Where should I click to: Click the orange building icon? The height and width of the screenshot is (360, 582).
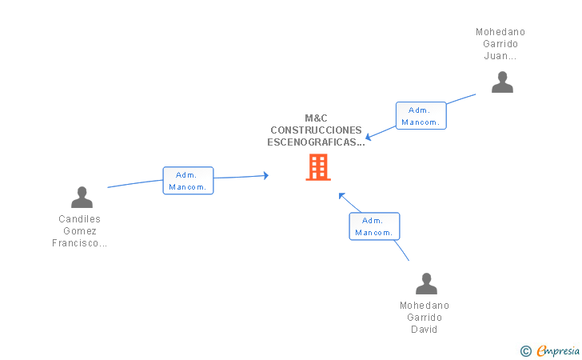tap(318, 167)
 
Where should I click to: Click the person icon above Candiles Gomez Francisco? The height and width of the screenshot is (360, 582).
tap(82, 197)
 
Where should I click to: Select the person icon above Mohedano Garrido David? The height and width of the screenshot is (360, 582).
tap(426, 283)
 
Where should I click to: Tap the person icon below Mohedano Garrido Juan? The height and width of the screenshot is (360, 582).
tap(502, 82)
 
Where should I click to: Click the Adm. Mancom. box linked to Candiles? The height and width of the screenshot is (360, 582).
tap(188, 181)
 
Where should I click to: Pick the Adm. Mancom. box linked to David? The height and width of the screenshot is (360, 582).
tap(374, 226)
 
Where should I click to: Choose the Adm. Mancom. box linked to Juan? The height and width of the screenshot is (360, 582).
tap(421, 115)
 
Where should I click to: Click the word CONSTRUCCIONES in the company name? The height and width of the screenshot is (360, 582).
tap(317, 130)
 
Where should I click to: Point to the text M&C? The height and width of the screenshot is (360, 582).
tap(317, 118)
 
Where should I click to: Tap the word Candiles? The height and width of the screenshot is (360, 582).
tap(79, 219)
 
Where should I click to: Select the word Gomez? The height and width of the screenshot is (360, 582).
tap(80, 231)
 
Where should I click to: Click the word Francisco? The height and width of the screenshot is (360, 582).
tap(75, 243)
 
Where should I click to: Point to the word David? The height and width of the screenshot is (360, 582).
tap(425, 330)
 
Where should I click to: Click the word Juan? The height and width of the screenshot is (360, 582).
tap(496, 56)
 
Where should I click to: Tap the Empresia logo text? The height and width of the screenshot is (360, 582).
tap(558, 350)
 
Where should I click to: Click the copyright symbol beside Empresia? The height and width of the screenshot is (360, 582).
tap(526, 351)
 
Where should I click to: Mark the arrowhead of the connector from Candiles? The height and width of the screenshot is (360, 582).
tap(265, 175)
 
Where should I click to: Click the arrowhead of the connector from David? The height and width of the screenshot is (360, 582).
tap(342, 196)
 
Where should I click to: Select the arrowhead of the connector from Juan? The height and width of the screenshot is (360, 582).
tap(369, 137)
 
